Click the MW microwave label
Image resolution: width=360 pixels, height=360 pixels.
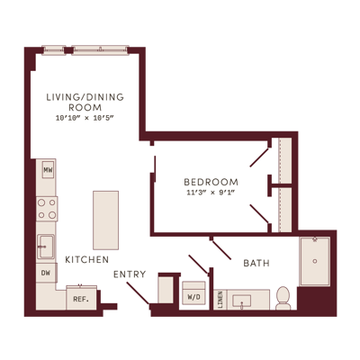tap(48, 170)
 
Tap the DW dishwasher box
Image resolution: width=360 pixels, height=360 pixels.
tap(47, 273)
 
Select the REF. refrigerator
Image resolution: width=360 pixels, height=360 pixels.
tap(82, 298)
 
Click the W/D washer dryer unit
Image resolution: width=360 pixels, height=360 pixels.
tap(194, 293)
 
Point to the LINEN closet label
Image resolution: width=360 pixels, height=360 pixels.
tap(220, 300)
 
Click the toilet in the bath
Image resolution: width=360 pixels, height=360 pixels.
tap(283, 298)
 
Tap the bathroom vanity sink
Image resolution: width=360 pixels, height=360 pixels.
tap(242, 301)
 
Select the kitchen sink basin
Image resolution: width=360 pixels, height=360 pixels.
tap(46, 247)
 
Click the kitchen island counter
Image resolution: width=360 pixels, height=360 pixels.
tap(105, 220)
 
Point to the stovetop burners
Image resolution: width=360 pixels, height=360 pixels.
tap(47, 209)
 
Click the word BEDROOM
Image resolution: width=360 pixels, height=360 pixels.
tap(211, 182)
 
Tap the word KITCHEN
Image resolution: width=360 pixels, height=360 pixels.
tap(87, 259)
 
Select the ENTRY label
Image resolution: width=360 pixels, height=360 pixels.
tap(130, 274)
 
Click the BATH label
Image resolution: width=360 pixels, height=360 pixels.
tap(256, 264)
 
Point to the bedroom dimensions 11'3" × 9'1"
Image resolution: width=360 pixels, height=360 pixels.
tap(211, 193)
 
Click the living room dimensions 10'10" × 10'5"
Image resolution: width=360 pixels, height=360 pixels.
tap(85, 118)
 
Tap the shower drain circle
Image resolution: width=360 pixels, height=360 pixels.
tap(315, 261)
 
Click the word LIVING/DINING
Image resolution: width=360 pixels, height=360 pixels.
tap(85, 97)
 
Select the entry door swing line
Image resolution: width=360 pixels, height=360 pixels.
tap(138, 293)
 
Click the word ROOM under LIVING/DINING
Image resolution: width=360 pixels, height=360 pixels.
tap(85, 107)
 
